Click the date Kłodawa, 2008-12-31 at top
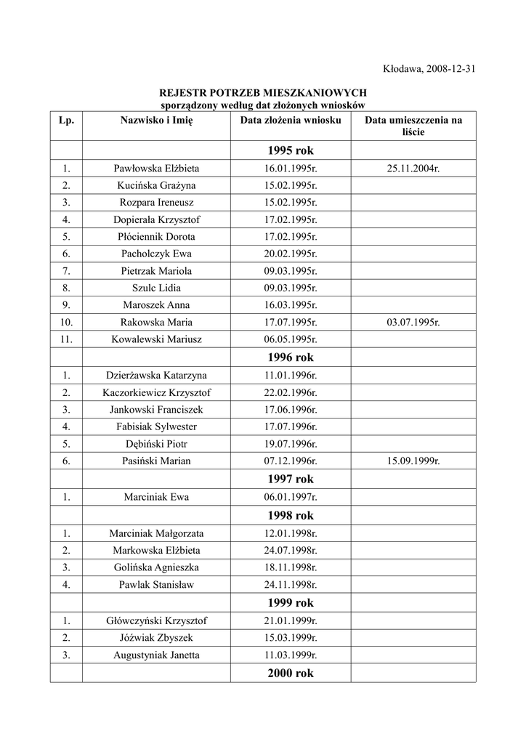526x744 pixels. [428, 69]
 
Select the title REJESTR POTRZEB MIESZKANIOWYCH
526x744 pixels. [263, 93]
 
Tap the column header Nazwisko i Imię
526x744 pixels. [156, 121]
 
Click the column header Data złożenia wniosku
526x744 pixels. [290, 121]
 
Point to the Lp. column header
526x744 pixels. [66, 121]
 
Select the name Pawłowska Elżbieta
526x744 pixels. [156, 168]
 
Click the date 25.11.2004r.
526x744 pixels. [413, 168]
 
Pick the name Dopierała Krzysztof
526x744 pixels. [156, 219]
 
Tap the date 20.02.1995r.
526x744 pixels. [290, 254]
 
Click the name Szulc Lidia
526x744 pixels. [156, 288]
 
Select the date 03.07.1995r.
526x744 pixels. [413, 322]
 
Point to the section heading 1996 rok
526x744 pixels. [290, 357]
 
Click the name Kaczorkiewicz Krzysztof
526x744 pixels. [156, 392]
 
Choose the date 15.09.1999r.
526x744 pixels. [413, 461]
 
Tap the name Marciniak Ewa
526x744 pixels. [156, 497]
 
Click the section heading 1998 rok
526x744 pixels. [290, 515]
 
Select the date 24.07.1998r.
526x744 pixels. [290, 550]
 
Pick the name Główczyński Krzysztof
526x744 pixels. [156, 620]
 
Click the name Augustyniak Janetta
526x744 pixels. [156, 655]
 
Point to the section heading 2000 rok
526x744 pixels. [290, 674]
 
